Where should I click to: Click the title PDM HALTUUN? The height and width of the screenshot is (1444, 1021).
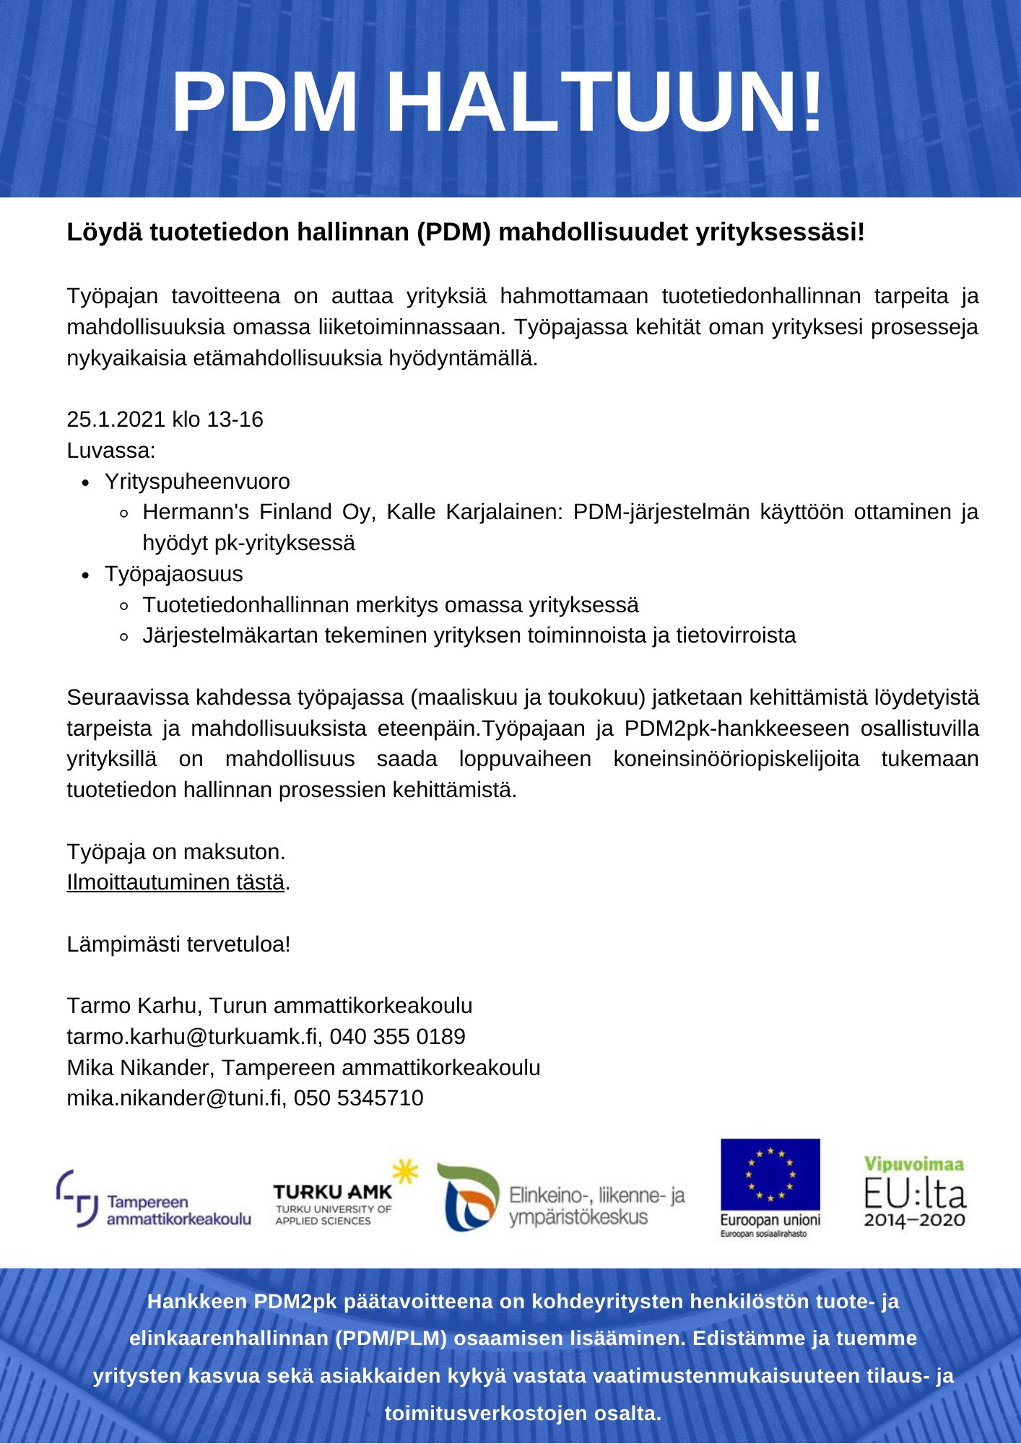[498, 103]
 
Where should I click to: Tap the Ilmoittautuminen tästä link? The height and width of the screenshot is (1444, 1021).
[175, 882]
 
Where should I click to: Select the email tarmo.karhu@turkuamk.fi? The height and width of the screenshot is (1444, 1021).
[192, 1037]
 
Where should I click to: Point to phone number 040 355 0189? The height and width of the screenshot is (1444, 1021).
[397, 1037]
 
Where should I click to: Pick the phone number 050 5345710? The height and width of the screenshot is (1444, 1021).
[358, 1098]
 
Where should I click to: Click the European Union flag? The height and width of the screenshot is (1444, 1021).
[770, 1175]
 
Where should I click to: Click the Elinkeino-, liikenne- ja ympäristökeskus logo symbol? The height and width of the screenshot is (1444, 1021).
[469, 1198]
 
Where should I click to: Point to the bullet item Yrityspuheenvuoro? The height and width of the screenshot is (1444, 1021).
[197, 482]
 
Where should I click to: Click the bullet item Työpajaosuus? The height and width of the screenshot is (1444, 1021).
[173, 574]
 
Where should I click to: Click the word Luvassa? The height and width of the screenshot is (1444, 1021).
[111, 451]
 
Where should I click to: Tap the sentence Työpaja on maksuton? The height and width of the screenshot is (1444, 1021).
[176, 852]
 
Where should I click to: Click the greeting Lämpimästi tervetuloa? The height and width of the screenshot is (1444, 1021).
[178, 944]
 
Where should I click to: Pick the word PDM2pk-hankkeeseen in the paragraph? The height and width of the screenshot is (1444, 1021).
[737, 728]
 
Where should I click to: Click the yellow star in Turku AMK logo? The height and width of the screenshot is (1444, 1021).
[405, 1171]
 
